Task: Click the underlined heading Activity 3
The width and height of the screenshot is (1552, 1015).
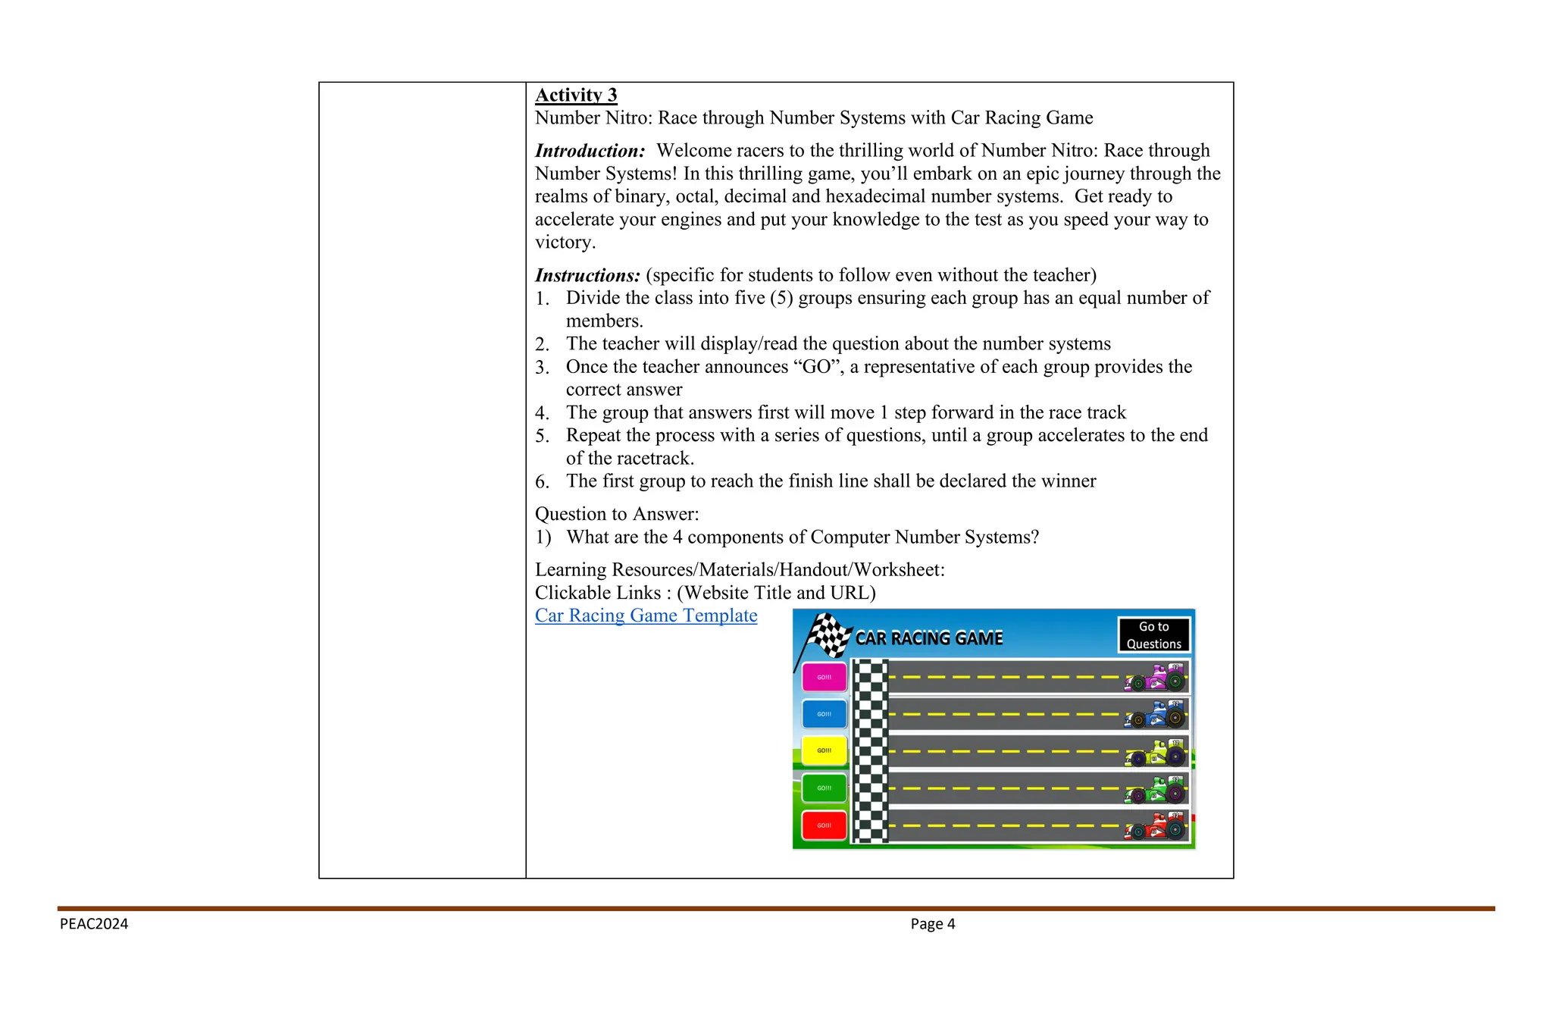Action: click(576, 95)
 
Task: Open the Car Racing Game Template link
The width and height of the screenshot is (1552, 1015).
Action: click(646, 616)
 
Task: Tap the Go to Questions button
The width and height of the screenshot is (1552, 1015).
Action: click(1153, 635)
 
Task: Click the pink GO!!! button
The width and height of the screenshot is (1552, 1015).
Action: click(824, 677)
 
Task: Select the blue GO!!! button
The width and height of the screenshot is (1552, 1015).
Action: click(824, 714)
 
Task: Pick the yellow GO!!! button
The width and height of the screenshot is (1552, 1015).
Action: click(824, 750)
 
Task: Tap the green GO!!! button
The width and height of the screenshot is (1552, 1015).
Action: click(824, 788)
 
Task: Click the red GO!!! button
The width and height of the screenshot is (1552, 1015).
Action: click(824, 825)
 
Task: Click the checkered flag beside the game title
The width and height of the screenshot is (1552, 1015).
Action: click(828, 635)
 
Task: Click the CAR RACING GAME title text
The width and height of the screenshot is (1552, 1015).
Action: click(928, 638)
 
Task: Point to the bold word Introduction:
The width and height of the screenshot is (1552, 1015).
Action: click(590, 151)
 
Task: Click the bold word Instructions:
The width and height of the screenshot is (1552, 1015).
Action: click(587, 275)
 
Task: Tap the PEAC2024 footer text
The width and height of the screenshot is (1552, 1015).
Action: click(94, 924)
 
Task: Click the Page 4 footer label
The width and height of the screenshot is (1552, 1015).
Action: click(932, 924)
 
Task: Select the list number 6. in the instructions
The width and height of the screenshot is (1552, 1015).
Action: click(542, 482)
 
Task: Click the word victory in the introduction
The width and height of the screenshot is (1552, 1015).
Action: click(564, 243)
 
